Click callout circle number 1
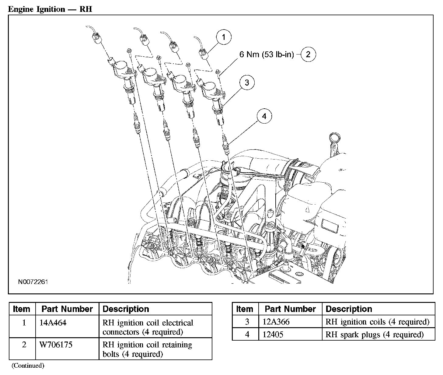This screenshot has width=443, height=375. pyautogui.click(x=224, y=37)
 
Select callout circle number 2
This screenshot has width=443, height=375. pyautogui.click(x=308, y=54)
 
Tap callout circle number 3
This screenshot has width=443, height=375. pyautogui.click(x=247, y=82)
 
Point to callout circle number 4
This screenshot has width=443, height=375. pyautogui.click(x=264, y=116)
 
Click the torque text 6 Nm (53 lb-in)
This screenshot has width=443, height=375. pyautogui.click(x=267, y=54)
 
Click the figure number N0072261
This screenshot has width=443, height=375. pyautogui.click(x=33, y=282)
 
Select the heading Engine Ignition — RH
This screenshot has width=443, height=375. pyautogui.click(x=50, y=9)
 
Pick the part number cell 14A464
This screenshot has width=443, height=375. pyautogui.click(x=53, y=323)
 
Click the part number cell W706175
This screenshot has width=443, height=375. pyautogui.click(x=56, y=345)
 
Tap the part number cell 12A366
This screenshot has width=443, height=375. pyautogui.click(x=276, y=322)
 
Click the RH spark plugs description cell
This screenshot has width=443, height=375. pyautogui.click(x=375, y=335)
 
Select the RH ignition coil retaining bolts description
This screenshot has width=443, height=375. pyautogui.click(x=147, y=349)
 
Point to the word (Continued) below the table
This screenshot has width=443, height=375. pyautogui.click(x=28, y=366)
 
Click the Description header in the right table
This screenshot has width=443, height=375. pyautogui.click(x=349, y=309)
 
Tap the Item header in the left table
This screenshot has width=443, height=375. pyautogui.click(x=22, y=309)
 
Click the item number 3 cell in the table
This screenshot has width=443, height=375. pyautogui.click(x=247, y=322)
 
